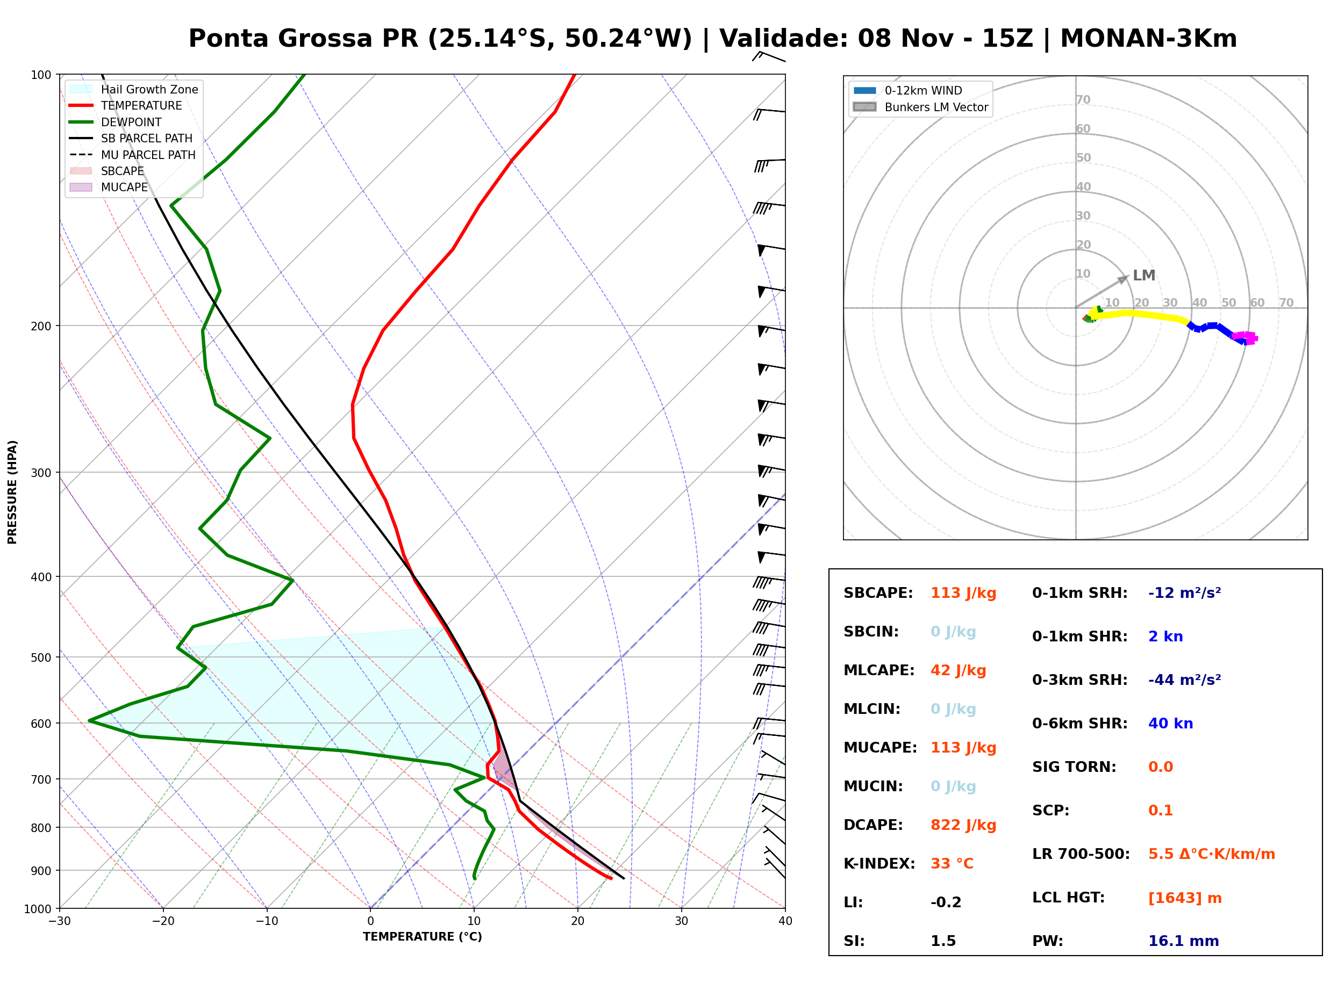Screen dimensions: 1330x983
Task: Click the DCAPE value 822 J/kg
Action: pyautogui.click(x=963, y=825)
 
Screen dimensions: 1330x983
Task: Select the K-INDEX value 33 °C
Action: pyautogui.click(x=952, y=863)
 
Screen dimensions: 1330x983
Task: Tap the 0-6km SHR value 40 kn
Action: pyautogui.click(x=1170, y=724)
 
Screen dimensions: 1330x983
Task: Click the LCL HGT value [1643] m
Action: pyautogui.click(x=1184, y=898)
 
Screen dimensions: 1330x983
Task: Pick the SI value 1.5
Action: pyautogui.click(x=942, y=941)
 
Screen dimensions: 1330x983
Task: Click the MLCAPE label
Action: pyautogui.click(x=879, y=670)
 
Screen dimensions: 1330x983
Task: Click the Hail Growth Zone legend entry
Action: pyautogui.click(x=134, y=89)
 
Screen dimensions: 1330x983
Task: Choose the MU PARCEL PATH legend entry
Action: pyautogui.click(x=132, y=155)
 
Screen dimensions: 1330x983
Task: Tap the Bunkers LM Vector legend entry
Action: pyautogui.click(x=920, y=107)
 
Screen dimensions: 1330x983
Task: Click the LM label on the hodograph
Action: pyautogui.click(x=1143, y=276)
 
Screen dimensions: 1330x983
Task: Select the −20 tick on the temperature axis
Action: pyautogui.click(x=163, y=921)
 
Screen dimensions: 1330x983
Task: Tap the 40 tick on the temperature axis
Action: pyautogui.click(x=785, y=921)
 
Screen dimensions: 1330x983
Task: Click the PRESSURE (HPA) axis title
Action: pyautogui.click(x=12, y=492)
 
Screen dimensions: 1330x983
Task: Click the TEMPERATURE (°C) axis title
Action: pyautogui.click(x=422, y=937)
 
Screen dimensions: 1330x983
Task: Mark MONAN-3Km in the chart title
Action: pyautogui.click(x=1148, y=39)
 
